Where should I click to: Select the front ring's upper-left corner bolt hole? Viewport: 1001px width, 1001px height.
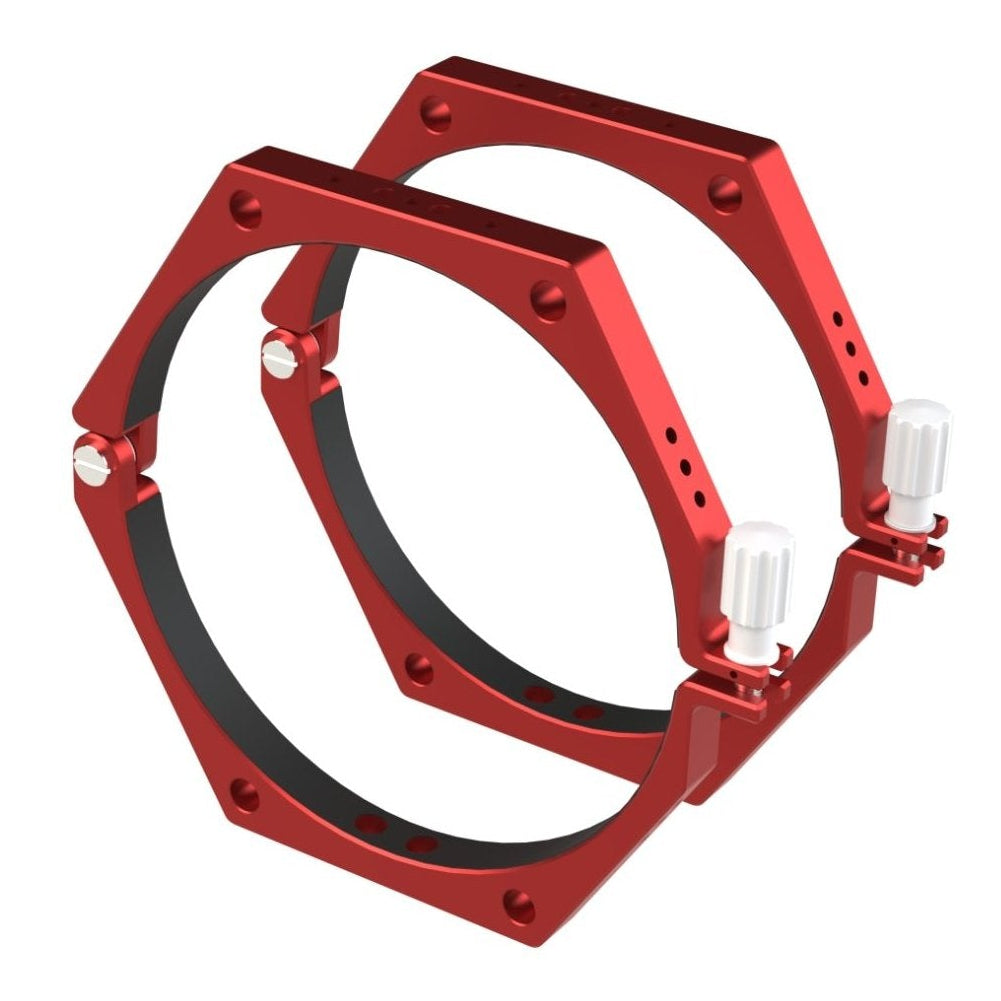tap(246, 211)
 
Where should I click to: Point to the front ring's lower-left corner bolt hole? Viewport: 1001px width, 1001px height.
tap(245, 796)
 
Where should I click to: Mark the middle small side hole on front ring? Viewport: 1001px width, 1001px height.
tap(685, 467)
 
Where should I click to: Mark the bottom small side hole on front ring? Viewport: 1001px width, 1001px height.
tap(699, 497)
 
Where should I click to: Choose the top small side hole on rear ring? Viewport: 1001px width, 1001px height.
tap(836, 320)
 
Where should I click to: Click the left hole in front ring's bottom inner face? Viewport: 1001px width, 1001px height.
tap(371, 824)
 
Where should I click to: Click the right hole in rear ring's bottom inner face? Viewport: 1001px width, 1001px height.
tap(589, 713)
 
